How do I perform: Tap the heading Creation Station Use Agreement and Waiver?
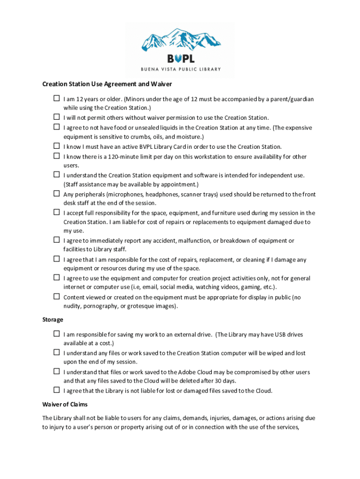[x=108, y=84]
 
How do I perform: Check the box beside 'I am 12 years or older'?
[x=56, y=99]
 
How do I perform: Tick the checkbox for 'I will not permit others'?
[x=56, y=117]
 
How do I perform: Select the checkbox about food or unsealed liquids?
[x=56, y=127]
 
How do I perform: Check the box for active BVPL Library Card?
[x=56, y=146]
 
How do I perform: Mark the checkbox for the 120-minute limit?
[x=56, y=156]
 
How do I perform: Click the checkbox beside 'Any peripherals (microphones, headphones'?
[x=56, y=193]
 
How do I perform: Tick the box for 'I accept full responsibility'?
[x=56, y=212]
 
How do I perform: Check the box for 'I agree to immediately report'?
[x=56, y=240]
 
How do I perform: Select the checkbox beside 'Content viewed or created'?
[x=56, y=297]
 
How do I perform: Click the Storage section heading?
[x=53, y=319]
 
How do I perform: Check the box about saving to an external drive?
[x=56, y=334]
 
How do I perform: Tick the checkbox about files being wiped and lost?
[x=56, y=353]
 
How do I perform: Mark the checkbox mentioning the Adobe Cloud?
[x=56, y=371]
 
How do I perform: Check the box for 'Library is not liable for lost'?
[x=56, y=390]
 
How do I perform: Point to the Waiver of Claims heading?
[x=65, y=404]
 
